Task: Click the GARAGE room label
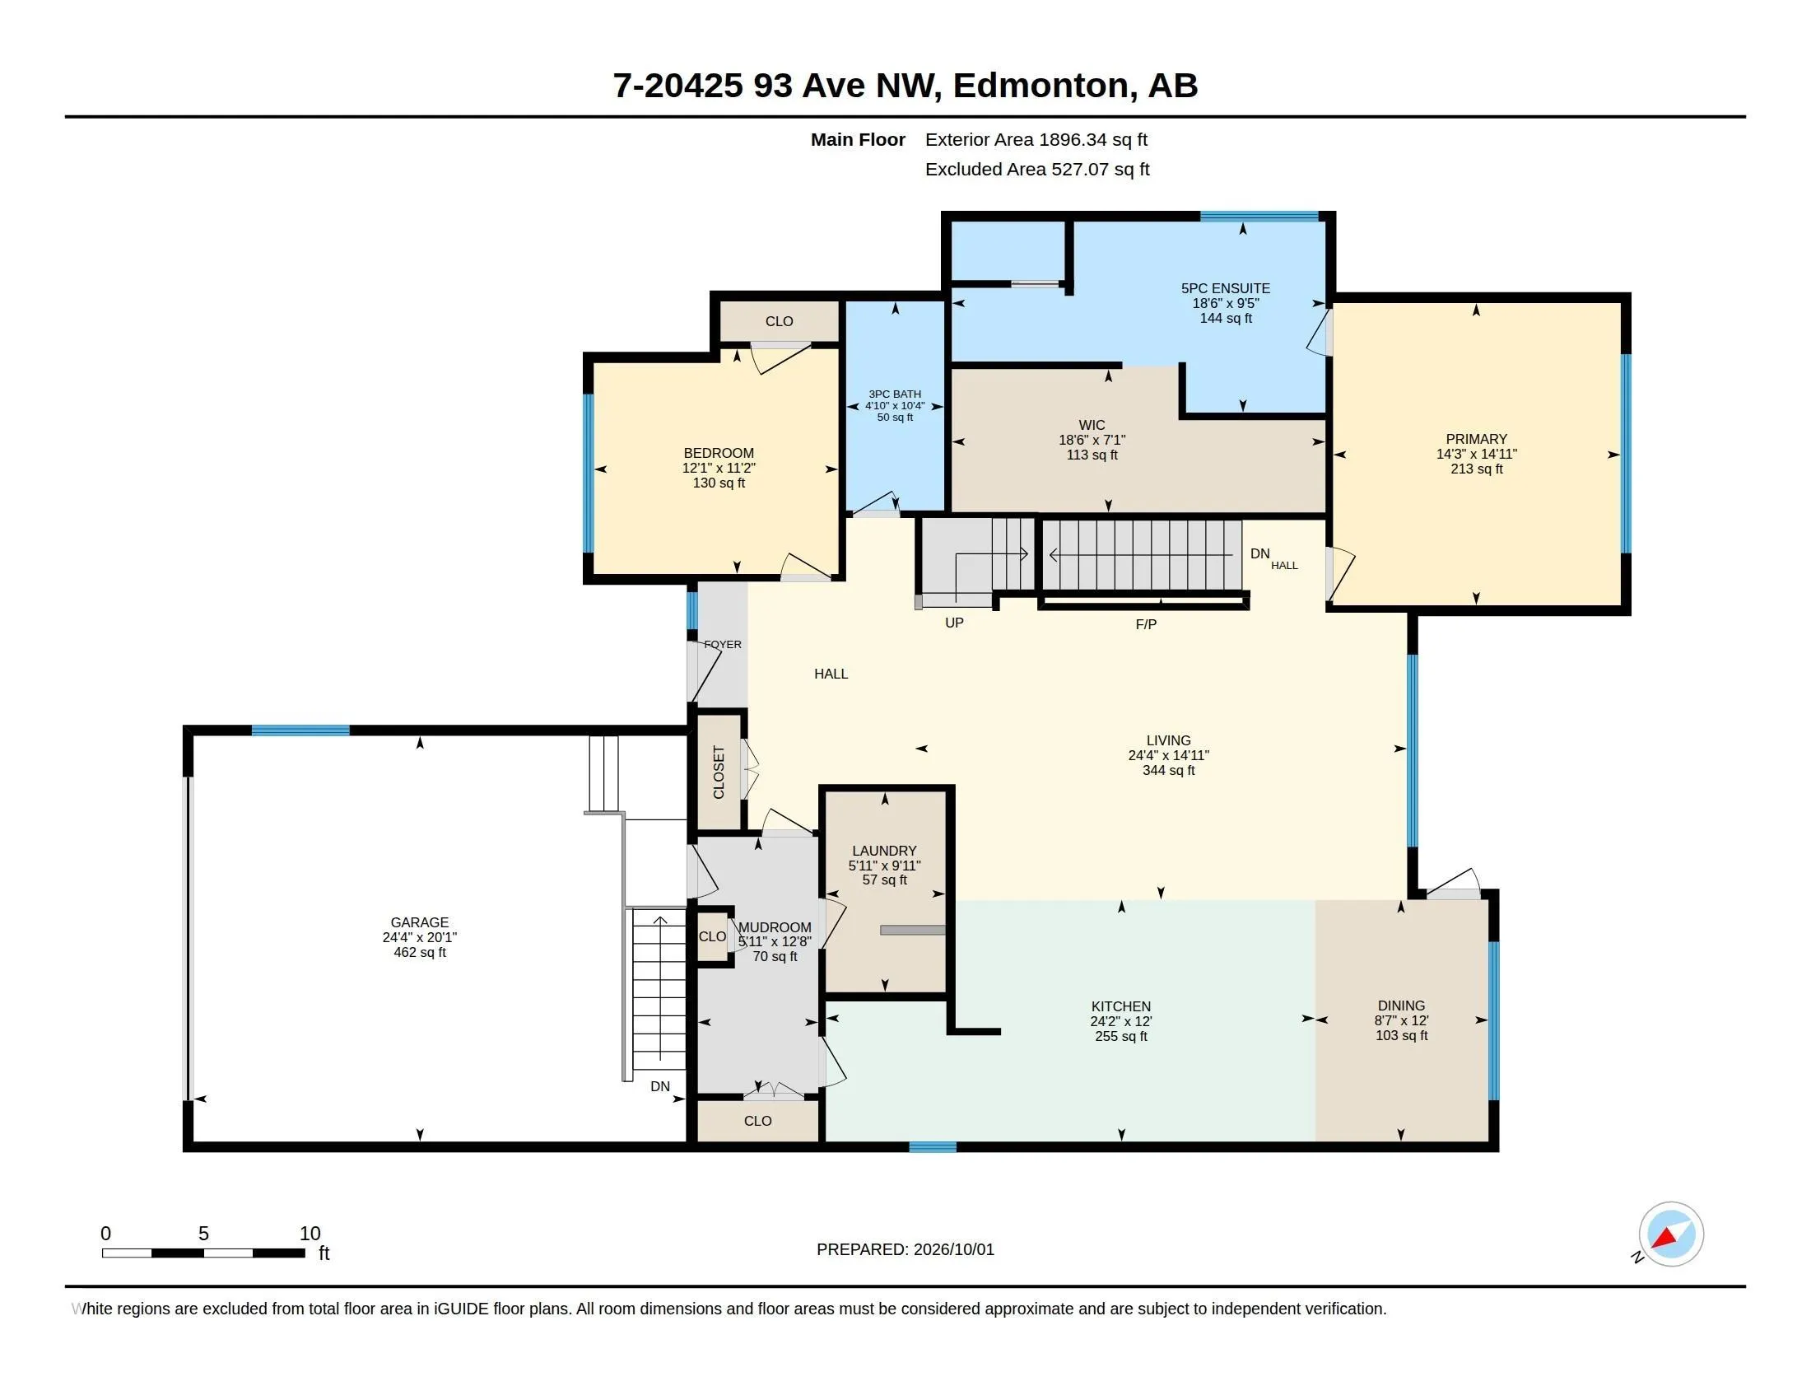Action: tap(420, 922)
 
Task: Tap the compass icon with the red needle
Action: tap(1671, 1234)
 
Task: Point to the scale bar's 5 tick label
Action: tap(203, 1234)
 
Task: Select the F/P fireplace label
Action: tap(1146, 623)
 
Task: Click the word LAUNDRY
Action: tap(884, 851)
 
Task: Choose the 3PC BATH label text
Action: tap(895, 394)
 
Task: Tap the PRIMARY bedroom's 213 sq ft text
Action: tap(1477, 469)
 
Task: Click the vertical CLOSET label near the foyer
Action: tap(719, 772)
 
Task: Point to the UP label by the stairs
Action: tap(954, 623)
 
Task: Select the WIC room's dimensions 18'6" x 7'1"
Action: tap(1092, 441)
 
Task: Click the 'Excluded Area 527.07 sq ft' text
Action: tap(1037, 169)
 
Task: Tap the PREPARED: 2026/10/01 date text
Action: tap(906, 1249)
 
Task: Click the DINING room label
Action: tap(1401, 1006)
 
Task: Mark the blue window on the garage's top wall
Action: tap(300, 730)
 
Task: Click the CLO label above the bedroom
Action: tap(780, 322)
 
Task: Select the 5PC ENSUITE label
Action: tap(1226, 288)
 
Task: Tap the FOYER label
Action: tap(723, 645)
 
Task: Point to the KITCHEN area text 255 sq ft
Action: tap(1121, 1036)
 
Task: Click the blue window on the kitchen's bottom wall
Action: tap(933, 1147)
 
